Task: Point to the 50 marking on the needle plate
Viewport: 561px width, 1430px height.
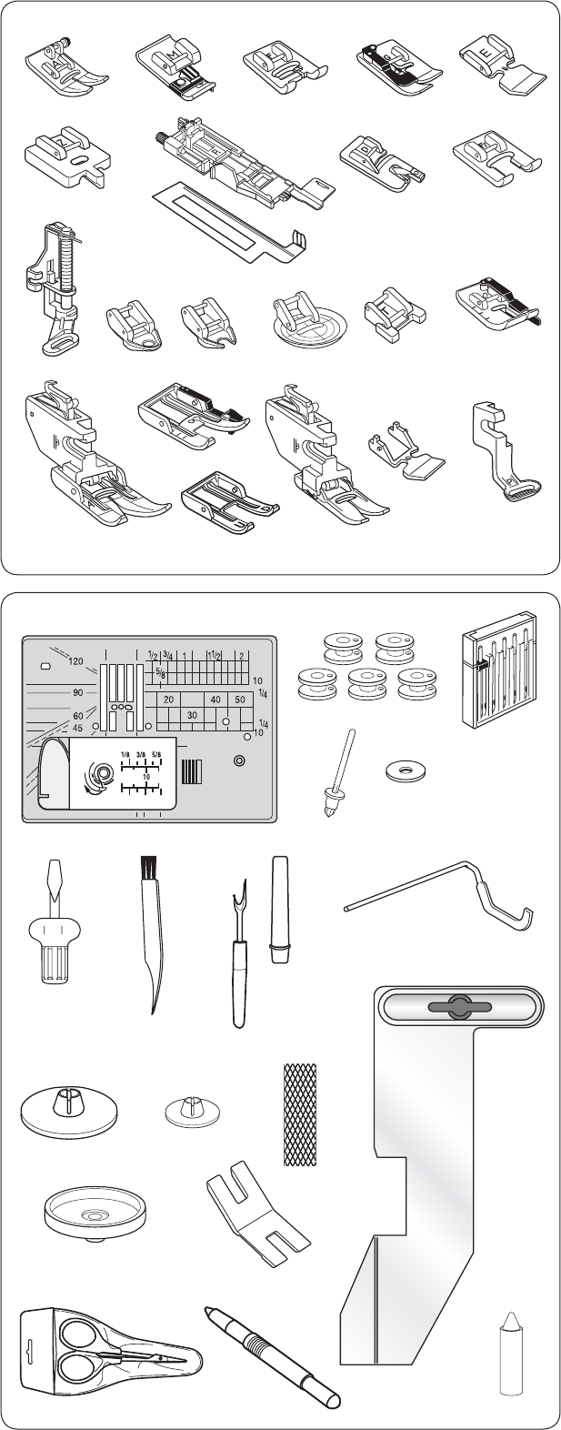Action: (239, 700)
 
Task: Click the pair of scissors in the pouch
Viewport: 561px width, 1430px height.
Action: (109, 1361)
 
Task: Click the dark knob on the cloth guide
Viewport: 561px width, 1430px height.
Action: (460, 1007)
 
